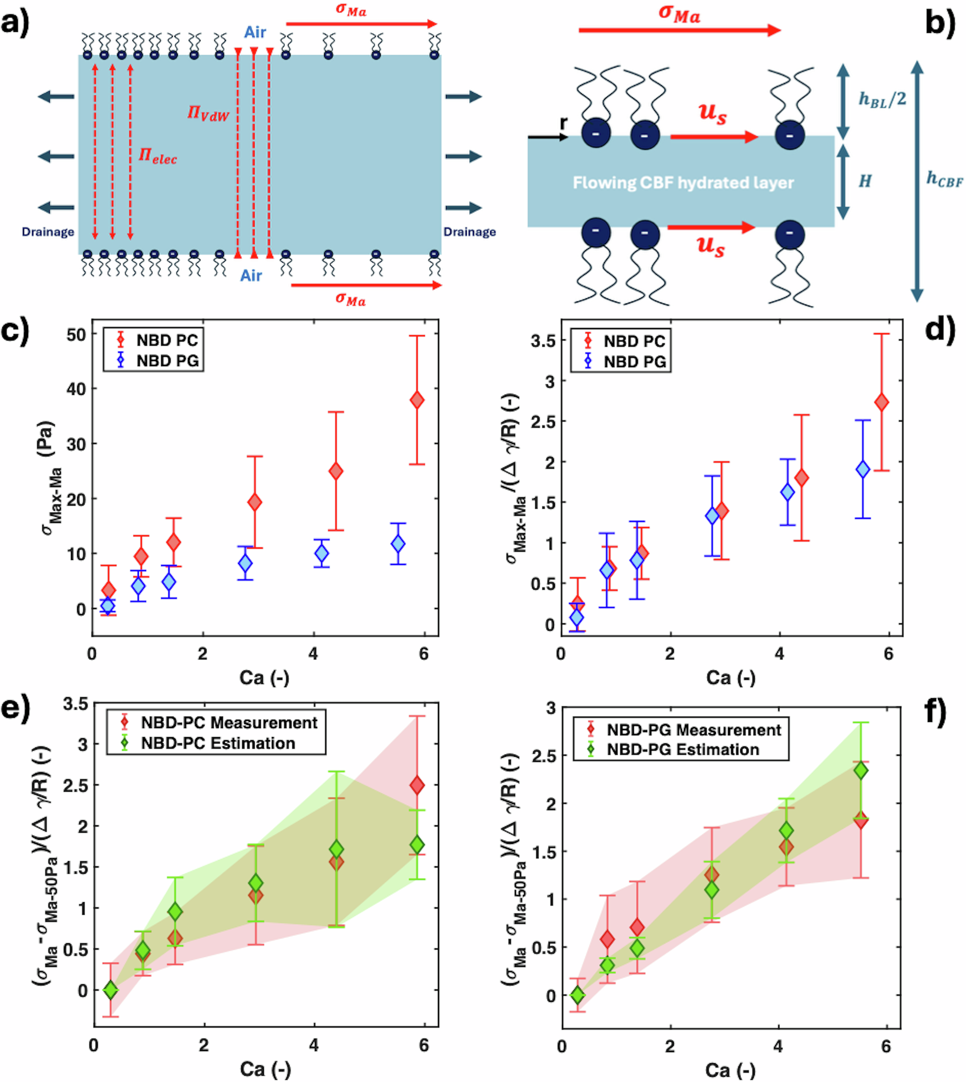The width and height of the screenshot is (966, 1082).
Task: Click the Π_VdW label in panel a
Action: click(x=208, y=113)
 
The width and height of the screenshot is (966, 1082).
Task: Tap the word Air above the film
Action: click(x=255, y=32)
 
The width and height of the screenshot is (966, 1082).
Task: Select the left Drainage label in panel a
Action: click(x=48, y=232)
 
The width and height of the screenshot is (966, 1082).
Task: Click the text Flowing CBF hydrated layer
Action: click(x=683, y=183)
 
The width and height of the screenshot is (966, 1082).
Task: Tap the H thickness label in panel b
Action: click(x=865, y=182)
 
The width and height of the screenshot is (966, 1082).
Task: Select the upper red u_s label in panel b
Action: click(x=712, y=113)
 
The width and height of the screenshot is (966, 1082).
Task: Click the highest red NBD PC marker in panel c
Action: click(x=417, y=400)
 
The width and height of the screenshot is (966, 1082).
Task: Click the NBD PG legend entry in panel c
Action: click(x=167, y=361)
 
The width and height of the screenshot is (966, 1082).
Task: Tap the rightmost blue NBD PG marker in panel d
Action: click(x=863, y=469)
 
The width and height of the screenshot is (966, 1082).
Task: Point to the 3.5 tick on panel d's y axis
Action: click(x=543, y=341)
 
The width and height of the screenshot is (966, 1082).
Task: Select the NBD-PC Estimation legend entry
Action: click(x=218, y=743)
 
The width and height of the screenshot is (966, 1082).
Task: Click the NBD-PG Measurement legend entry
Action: click(x=694, y=730)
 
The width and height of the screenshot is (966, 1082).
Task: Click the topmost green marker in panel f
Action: click(x=861, y=770)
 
